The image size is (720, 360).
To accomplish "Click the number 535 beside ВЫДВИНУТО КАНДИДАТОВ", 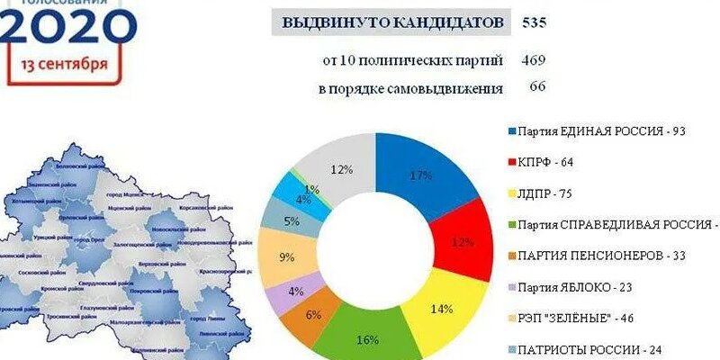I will coord(535,22).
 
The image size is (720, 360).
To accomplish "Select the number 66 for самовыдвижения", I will coord(537,87).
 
